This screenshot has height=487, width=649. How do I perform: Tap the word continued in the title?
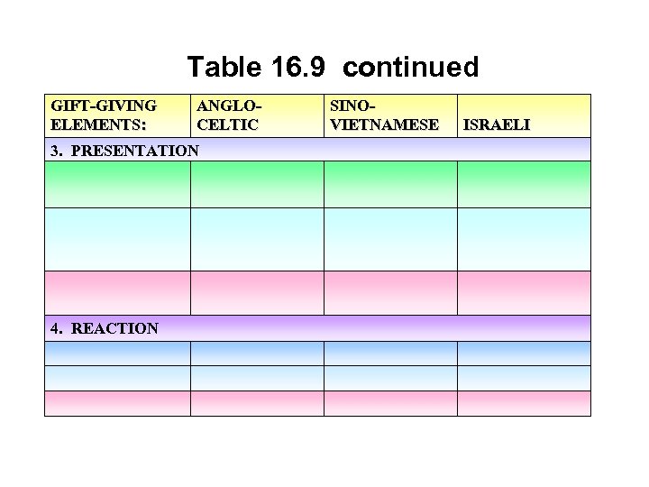coord(410,67)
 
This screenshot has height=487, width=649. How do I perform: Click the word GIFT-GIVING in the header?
coord(104,106)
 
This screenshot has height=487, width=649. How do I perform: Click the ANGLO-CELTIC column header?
coord(227,115)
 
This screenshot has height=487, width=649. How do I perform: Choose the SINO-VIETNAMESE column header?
coord(384,115)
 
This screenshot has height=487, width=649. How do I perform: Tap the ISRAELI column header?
coord(496,124)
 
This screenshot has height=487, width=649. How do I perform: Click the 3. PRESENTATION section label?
coord(124,150)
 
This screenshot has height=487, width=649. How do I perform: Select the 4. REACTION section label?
coord(105,328)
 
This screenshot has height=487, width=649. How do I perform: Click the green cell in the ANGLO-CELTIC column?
coord(256,184)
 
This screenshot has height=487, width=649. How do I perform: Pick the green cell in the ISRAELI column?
coord(524,184)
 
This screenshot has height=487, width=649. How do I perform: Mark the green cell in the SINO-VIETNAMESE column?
coord(390,184)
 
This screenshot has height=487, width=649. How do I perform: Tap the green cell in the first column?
coord(117,184)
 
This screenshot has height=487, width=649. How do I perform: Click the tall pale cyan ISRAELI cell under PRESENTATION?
coord(524,239)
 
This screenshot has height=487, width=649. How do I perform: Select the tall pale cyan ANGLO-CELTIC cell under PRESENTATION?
coord(256,239)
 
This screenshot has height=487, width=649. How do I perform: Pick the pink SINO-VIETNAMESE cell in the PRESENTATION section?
coord(390,292)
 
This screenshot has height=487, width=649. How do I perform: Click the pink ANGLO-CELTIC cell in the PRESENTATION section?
coord(256,292)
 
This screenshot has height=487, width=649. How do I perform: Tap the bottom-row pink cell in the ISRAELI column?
coord(524,403)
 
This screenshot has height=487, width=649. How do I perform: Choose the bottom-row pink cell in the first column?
coord(117,403)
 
